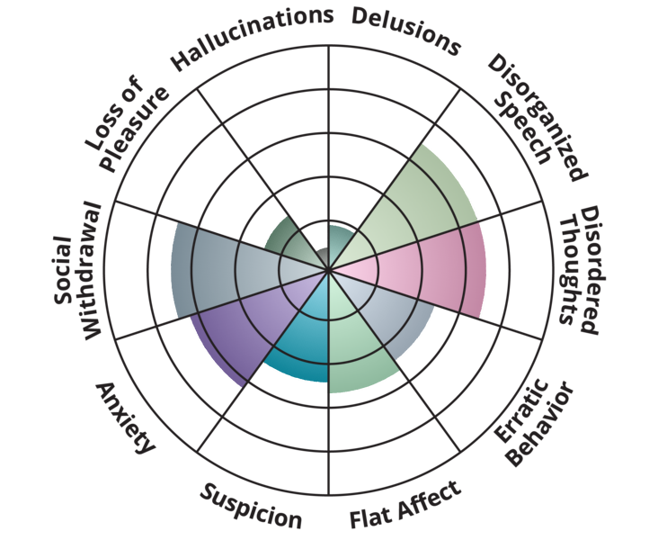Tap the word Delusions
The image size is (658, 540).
coord(406,31)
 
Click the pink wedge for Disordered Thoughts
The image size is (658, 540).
coord(431,269)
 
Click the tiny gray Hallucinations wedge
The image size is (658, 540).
coord(319,256)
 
